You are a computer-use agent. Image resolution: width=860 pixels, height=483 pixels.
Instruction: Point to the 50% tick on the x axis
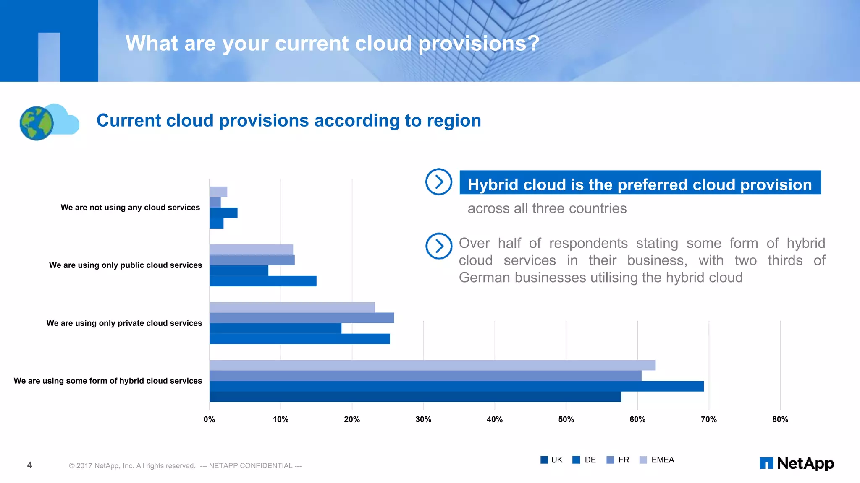566,419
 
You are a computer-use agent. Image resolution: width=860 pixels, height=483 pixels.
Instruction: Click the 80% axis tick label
780,419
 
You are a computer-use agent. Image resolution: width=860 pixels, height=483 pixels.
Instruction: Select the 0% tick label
209,419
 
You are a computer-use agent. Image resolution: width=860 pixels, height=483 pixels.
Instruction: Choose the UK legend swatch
544,460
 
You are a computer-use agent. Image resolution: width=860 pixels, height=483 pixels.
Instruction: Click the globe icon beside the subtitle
37,123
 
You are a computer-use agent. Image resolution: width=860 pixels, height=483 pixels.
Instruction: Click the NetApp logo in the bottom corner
797,463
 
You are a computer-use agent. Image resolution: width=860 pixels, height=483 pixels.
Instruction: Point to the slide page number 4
29,465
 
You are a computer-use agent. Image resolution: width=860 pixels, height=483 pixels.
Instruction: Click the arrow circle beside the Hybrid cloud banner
438,182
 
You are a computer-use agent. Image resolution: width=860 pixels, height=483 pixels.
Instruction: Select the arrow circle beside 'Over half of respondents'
438,246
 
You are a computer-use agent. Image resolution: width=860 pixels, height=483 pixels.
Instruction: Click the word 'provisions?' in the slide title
479,44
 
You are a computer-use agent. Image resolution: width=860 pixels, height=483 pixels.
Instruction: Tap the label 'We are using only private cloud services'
124,323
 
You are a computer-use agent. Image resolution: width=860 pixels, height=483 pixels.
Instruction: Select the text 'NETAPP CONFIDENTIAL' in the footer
251,466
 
